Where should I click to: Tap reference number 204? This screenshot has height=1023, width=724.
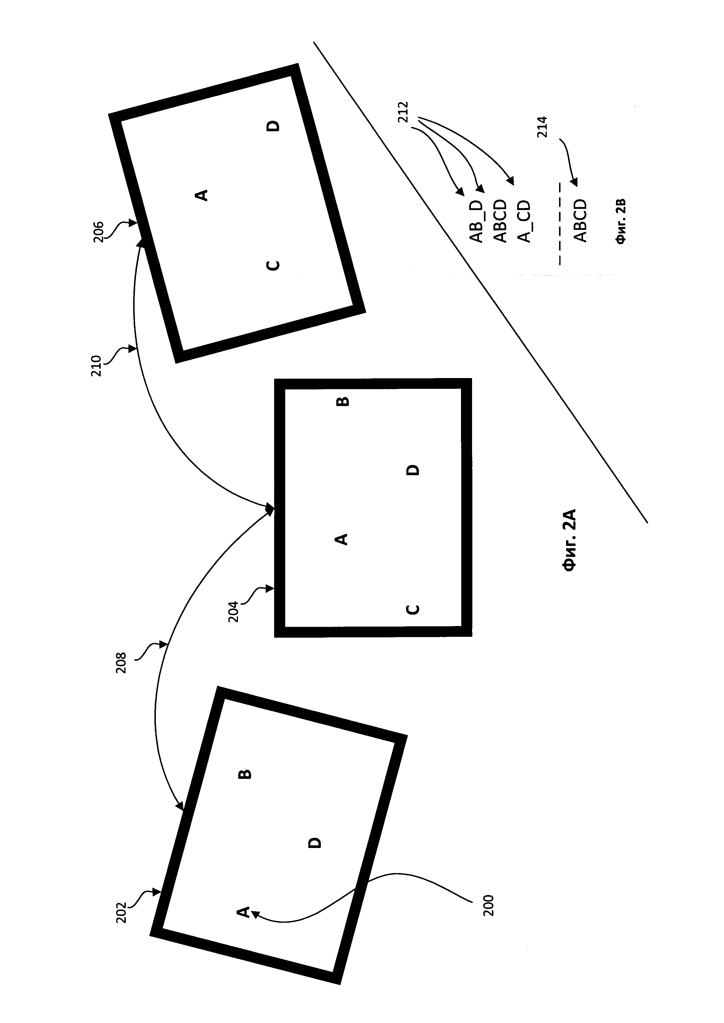click(234, 611)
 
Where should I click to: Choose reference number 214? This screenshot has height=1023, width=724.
click(543, 127)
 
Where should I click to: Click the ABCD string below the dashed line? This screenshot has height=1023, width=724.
click(580, 221)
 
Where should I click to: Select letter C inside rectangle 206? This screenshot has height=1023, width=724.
click(273, 265)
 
